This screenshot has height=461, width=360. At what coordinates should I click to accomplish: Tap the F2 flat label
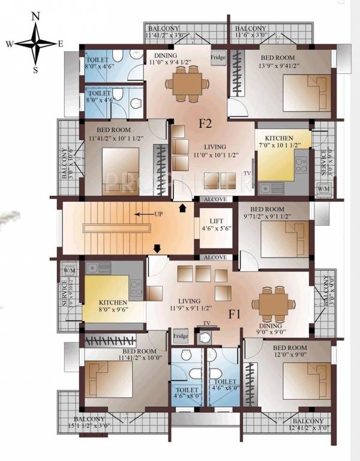(206, 124)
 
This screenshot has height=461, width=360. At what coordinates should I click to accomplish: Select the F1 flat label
(235, 313)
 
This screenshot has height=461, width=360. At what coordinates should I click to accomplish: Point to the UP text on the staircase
(159, 213)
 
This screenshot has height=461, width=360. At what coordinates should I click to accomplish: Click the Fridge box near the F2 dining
(218, 58)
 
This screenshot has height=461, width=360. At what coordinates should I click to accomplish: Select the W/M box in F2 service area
(323, 189)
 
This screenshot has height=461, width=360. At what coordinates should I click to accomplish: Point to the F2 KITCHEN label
(279, 139)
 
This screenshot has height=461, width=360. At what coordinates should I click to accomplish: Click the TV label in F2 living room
(247, 173)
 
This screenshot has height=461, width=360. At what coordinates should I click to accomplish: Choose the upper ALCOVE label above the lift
(214, 198)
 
